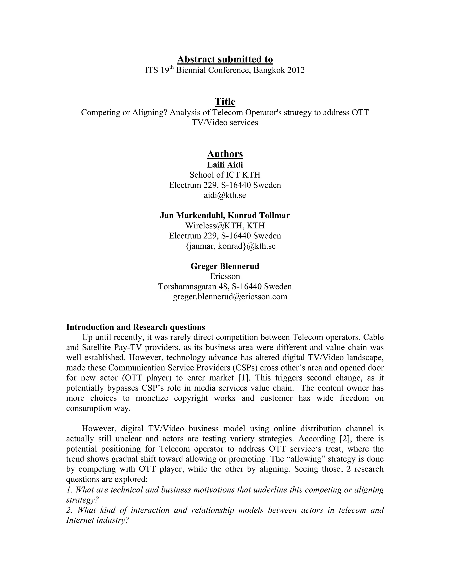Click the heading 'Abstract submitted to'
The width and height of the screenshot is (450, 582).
click(x=225, y=59)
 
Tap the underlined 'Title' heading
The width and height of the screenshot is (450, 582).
click(x=225, y=101)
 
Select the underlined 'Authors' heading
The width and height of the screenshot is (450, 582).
click(x=225, y=154)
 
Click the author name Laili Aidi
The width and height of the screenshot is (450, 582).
click(x=225, y=164)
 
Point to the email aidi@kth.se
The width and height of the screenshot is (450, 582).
click(x=225, y=195)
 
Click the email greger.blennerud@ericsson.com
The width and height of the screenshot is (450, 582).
click(x=230, y=296)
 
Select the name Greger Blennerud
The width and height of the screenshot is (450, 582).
click(x=225, y=266)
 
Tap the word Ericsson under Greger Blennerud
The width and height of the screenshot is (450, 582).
click(x=225, y=276)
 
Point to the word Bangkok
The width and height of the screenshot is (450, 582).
click(x=270, y=70)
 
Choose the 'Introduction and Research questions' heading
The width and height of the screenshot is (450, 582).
click(x=135, y=327)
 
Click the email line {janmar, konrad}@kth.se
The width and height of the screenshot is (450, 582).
click(x=230, y=246)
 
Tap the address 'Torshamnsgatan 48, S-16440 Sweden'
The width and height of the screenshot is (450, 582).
click(x=225, y=286)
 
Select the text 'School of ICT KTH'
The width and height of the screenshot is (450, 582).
click(x=225, y=175)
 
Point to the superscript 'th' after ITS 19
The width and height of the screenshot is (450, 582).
click(x=172, y=68)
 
